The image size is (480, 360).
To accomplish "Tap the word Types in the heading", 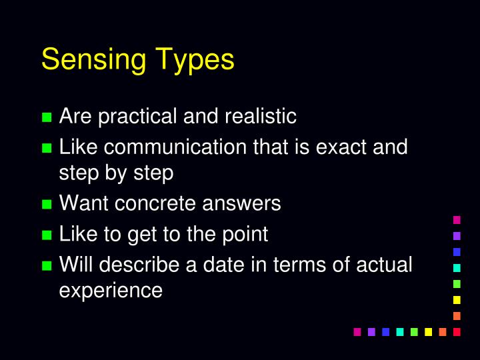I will click(195, 60).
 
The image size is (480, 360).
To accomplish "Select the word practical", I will click(135, 117).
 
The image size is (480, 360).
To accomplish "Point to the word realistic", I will click(260, 117).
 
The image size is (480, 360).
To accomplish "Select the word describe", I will click(138, 265).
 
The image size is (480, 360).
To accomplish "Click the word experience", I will click(111, 291).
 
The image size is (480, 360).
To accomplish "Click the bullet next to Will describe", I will click(47, 266).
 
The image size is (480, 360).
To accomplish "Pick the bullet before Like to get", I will click(47, 235).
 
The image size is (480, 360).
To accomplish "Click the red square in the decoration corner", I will click(457, 331).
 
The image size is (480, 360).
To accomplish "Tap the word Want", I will click(84, 203).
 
